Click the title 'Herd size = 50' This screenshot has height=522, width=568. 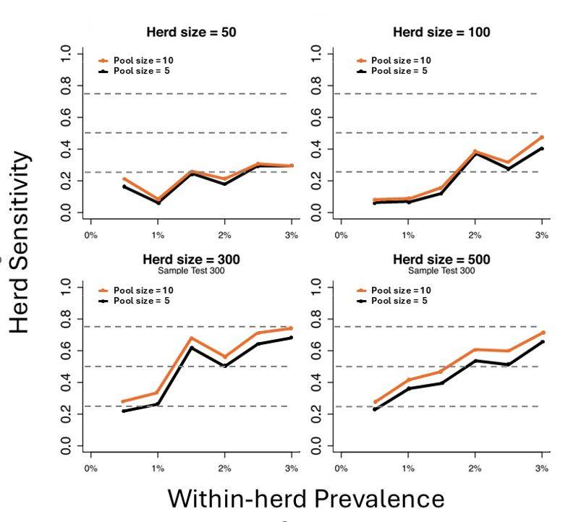[x=191, y=33]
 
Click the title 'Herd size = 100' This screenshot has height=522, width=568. [x=441, y=33]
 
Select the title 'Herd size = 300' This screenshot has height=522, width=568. [x=191, y=260]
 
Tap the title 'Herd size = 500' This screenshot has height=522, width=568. [x=441, y=260]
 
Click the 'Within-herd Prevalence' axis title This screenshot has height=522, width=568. [x=306, y=498]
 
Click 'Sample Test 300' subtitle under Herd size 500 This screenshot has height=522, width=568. [x=441, y=270]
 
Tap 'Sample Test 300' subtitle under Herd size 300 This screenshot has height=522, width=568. [x=191, y=270]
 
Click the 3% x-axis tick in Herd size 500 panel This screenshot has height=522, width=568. [x=541, y=468]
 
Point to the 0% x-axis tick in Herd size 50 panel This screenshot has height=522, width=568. [x=90, y=235]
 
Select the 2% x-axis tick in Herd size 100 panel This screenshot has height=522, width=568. [x=475, y=235]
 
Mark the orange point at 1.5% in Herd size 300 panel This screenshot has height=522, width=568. [x=191, y=338]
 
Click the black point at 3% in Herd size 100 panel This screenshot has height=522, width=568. [x=541, y=149]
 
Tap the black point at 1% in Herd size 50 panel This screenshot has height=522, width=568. [x=158, y=202]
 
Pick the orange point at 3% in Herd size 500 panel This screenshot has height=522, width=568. [x=541, y=333]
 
